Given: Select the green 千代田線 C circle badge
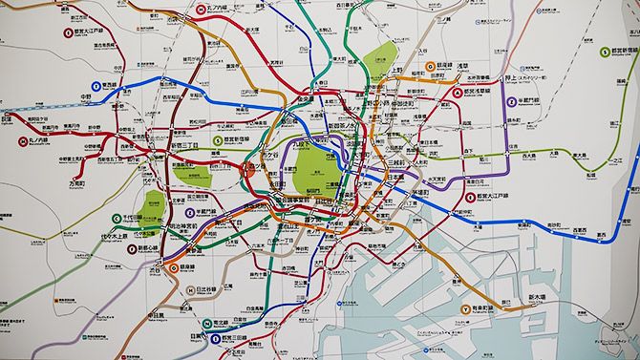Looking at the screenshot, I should [x=117, y=217].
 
